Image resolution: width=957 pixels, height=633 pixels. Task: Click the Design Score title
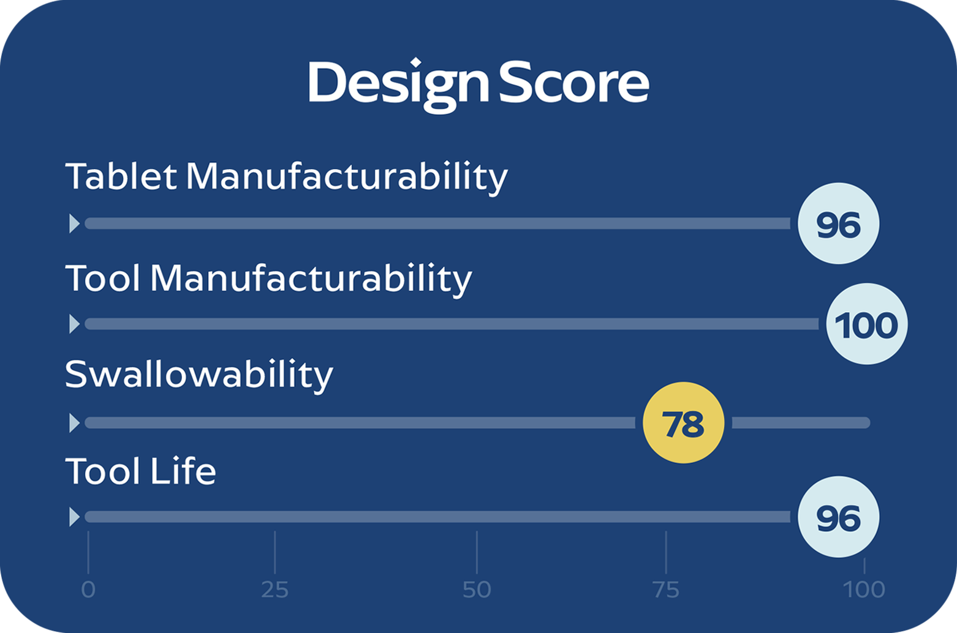coord(478,85)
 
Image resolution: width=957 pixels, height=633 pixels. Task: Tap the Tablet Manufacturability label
coord(286,177)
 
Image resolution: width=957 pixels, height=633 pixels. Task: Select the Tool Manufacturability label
coord(268,279)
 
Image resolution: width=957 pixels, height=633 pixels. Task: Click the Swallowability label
coord(199,375)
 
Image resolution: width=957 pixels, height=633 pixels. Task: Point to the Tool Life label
coord(140,471)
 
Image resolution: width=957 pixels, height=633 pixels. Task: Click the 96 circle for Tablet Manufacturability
coord(839,223)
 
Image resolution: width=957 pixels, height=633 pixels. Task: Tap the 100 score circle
coord(867,324)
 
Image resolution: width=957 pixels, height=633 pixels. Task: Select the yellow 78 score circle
coord(684,422)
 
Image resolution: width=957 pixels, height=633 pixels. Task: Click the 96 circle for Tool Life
coord(839,517)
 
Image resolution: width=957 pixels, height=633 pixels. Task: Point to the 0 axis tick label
coord(88,590)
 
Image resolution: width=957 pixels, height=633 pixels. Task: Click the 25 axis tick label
coord(274,590)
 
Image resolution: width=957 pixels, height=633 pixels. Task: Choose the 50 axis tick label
coord(477,590)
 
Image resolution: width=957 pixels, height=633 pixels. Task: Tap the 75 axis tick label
coord(666,590)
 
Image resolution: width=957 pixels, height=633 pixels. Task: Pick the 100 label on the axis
coord(864,590)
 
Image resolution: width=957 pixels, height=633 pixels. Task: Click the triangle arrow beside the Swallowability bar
coord(74,422)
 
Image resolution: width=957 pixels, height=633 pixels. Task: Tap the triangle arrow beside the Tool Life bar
coord(74,517)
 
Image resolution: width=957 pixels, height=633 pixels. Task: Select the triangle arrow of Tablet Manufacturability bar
coord(74,223)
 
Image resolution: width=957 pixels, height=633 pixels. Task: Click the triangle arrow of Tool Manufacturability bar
coord(74,324)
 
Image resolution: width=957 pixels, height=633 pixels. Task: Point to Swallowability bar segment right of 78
coord(801,422)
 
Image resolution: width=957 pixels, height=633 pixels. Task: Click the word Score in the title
coord(574,82)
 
